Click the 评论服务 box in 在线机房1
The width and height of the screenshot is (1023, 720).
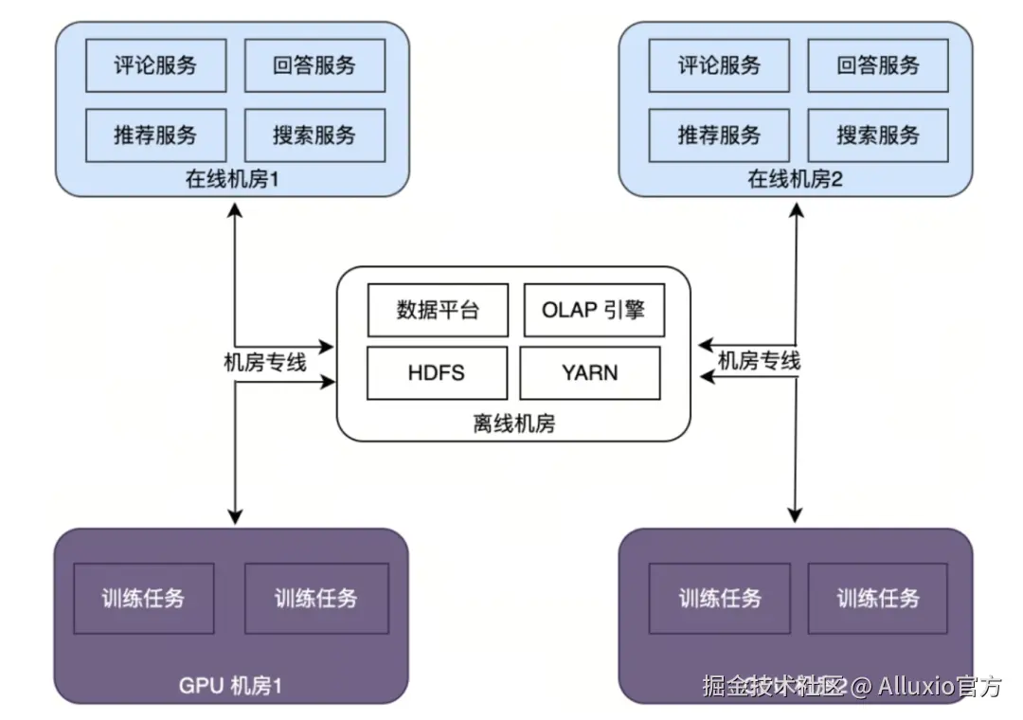[x=156, y=65]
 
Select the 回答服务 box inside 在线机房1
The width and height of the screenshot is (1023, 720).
[x=314, y=65]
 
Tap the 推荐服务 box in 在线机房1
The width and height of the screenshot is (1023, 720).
[x=156, y=135]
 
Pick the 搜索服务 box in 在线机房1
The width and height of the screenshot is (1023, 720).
[x=314, y=135]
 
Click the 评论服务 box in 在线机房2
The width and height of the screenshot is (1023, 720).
[x=719, y=65]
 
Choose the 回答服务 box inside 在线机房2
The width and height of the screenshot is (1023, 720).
[x=878, y=65]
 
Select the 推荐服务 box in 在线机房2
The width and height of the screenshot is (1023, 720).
[x=719, y=135]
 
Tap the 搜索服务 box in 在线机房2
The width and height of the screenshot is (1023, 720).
[x=878, y=135]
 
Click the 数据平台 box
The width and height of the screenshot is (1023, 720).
[x=438, y=310]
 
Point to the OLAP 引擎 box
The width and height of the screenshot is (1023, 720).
[x=593, y=310]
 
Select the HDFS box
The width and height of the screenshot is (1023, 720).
[x=437, y=372]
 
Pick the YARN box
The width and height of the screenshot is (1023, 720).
[x=589, y=372]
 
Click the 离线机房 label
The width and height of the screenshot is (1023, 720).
[x=513, y=423]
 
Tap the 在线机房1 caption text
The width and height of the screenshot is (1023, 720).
[x=232, y=179]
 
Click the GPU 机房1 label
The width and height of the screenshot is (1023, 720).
[x=231, y=685]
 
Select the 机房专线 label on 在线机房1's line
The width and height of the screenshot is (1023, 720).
[x=264, y=362]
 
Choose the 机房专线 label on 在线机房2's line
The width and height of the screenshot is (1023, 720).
[x=759, y=360]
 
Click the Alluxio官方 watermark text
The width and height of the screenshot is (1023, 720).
[x=939, y=686]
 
